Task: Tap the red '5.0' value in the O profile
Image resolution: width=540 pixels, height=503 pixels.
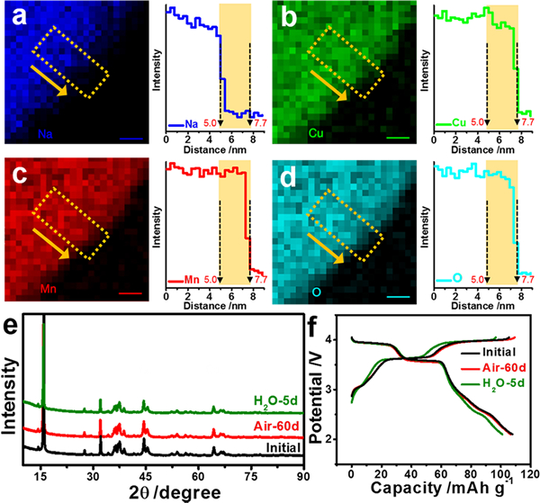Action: tap(476, 280)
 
